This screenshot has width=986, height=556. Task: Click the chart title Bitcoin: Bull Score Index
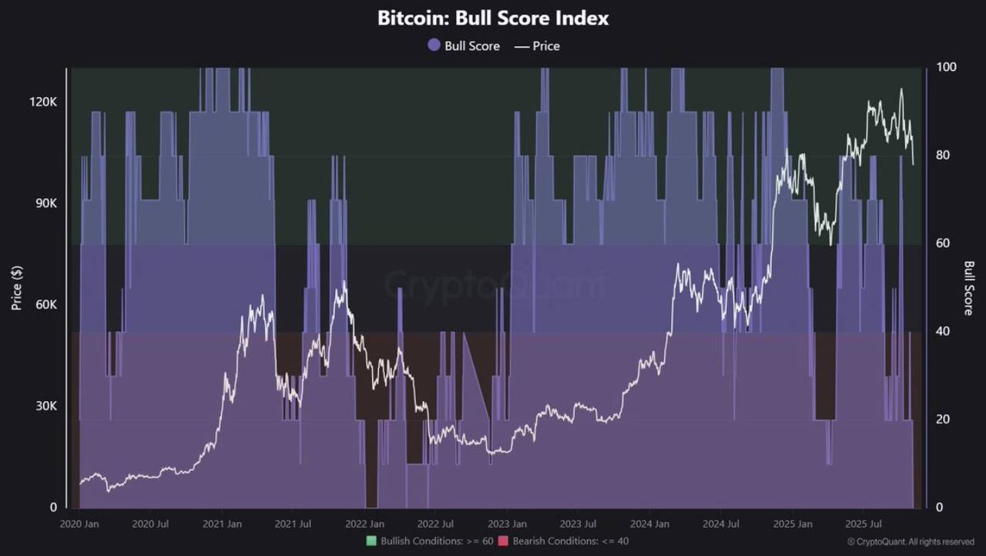pyautogui.click(x=493, y=19)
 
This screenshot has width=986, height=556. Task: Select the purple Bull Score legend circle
pyautogui.click(x=434, y=45)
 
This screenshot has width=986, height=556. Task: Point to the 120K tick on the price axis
pyautogui.click(x=43, y=102)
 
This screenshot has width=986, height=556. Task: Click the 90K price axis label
pyautogui.click(x=45, y=204)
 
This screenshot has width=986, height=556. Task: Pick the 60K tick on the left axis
pyautogui.click(x=45, y=305)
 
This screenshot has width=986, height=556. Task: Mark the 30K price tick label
pyautogui.click(x=45, y=406)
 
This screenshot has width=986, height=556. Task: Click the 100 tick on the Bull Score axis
pyautogui.click(x=946, y=67)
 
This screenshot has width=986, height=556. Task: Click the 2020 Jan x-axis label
pyautogui.click(x=79, y=524)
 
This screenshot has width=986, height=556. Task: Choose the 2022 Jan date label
pyautogui.click(x=365, y=524)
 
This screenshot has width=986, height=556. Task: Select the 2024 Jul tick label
pyautogui.click(x=722, y=524)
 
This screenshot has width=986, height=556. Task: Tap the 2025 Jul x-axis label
pyautogui.click(x=864, y=524)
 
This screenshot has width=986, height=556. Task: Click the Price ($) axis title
pyautogui.click(x=16, y=288)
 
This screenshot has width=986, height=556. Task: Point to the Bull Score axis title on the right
pyautogui.click(x=969, y=288)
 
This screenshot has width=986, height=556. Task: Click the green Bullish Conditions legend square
pyautogui.click(x=371, y=541)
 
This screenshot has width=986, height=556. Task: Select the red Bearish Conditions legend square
pyautogui.click(x=504, y=541)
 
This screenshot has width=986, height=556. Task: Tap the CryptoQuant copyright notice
pyautogui.click(x=911, y=542)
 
